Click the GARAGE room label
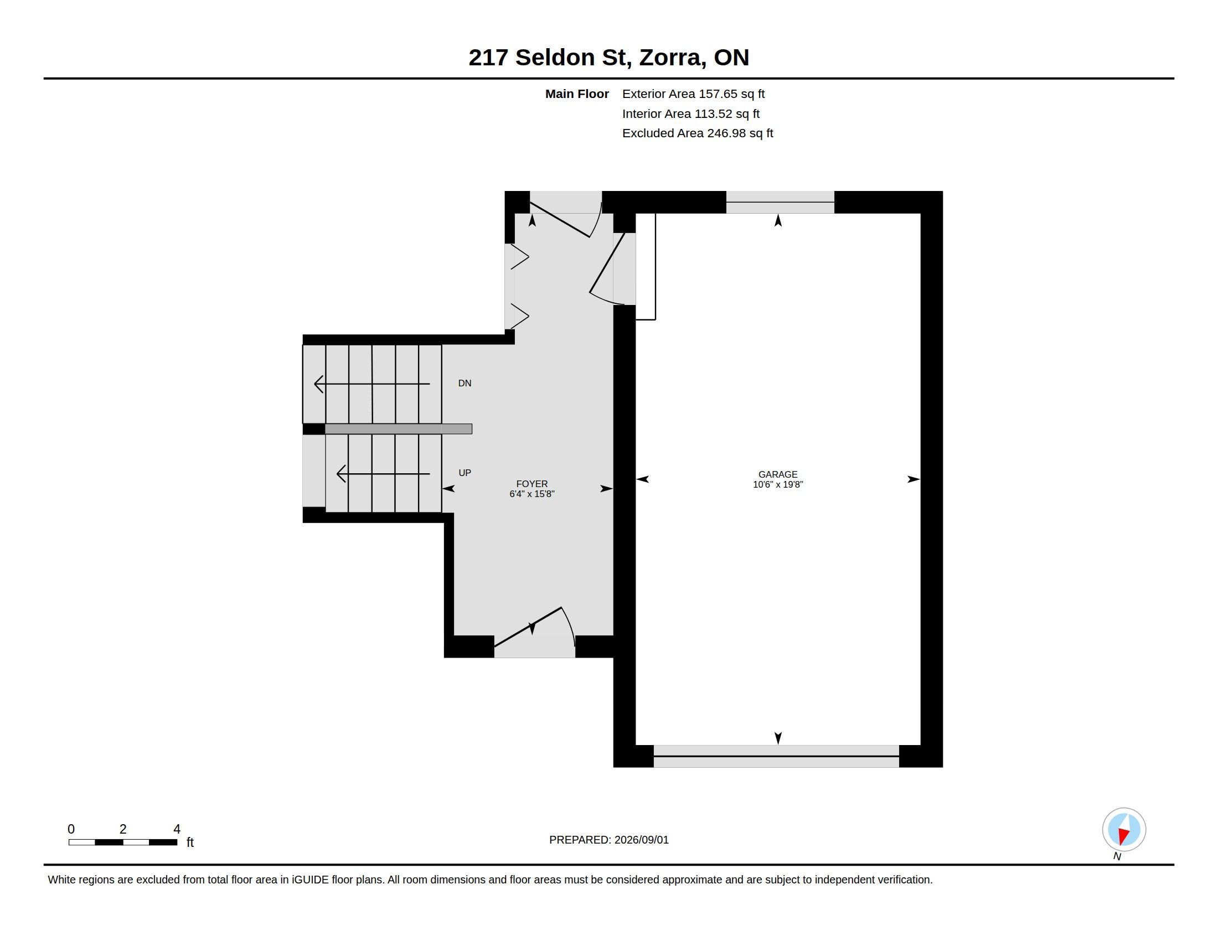777,474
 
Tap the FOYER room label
531,484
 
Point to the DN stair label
465,383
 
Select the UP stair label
465,473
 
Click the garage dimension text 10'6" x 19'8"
777,484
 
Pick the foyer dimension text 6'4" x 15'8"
531,494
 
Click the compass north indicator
1124,830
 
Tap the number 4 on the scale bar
177,829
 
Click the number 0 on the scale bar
71,829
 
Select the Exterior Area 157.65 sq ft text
693,94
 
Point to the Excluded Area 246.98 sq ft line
698,133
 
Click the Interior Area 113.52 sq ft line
691,113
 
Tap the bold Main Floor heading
577,94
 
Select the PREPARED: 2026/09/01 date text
608,840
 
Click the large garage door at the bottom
776,756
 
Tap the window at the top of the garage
780,202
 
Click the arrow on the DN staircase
372,384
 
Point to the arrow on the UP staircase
383,474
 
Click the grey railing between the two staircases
398,428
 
